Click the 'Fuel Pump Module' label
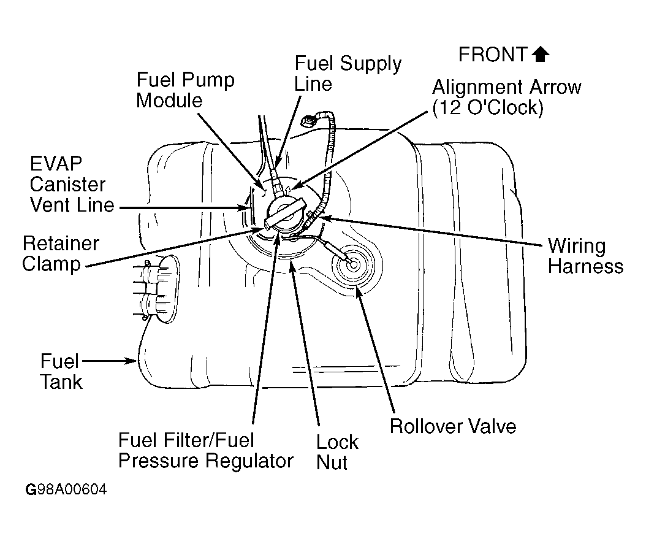(185, 90)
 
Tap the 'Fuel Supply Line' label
(348, 73)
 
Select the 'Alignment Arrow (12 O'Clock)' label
(506, 97)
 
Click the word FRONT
(492, 55)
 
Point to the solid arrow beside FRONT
(541, 55)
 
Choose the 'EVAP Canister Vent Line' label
(72, 185)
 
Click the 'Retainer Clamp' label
(60, 254)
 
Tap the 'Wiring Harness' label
(585, 256)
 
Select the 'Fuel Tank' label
(61, 371)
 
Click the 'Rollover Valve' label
(453, 426)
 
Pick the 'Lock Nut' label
(337, 451)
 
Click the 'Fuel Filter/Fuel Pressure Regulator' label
(205, 451)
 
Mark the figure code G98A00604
(66, 490)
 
